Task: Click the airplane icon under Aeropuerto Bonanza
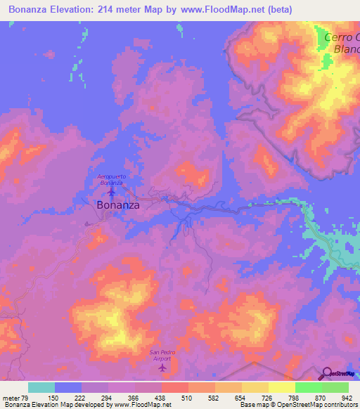tap(111, 192)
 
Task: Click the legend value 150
tap(55, 398)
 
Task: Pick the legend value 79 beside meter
tap(27, 398)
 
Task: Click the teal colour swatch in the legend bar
tap(41, 387)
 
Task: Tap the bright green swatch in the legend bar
tap(309, 387)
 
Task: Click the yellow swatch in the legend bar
tap(282, 387)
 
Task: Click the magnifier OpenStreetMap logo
tap(326, 373)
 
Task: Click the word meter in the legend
tap(11, 398)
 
